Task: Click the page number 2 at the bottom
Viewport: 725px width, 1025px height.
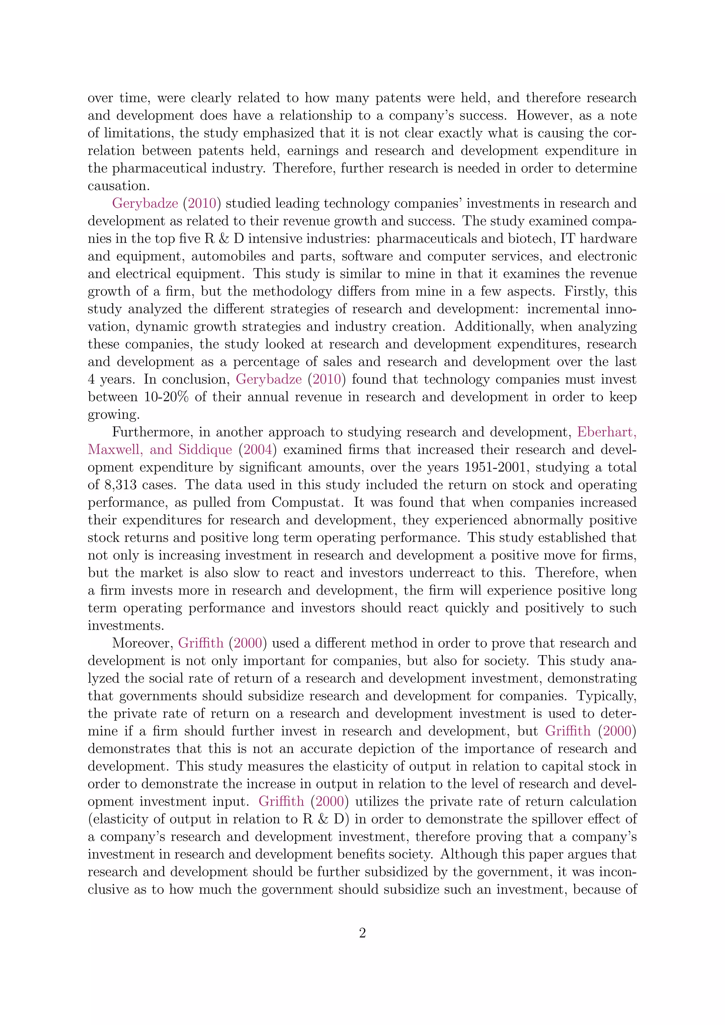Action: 362,933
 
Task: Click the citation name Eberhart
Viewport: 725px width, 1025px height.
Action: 607,432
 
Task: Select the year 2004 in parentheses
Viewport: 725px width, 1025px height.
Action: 258,449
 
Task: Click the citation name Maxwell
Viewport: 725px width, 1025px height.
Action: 115,449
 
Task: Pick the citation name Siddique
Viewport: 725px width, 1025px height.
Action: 205,449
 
